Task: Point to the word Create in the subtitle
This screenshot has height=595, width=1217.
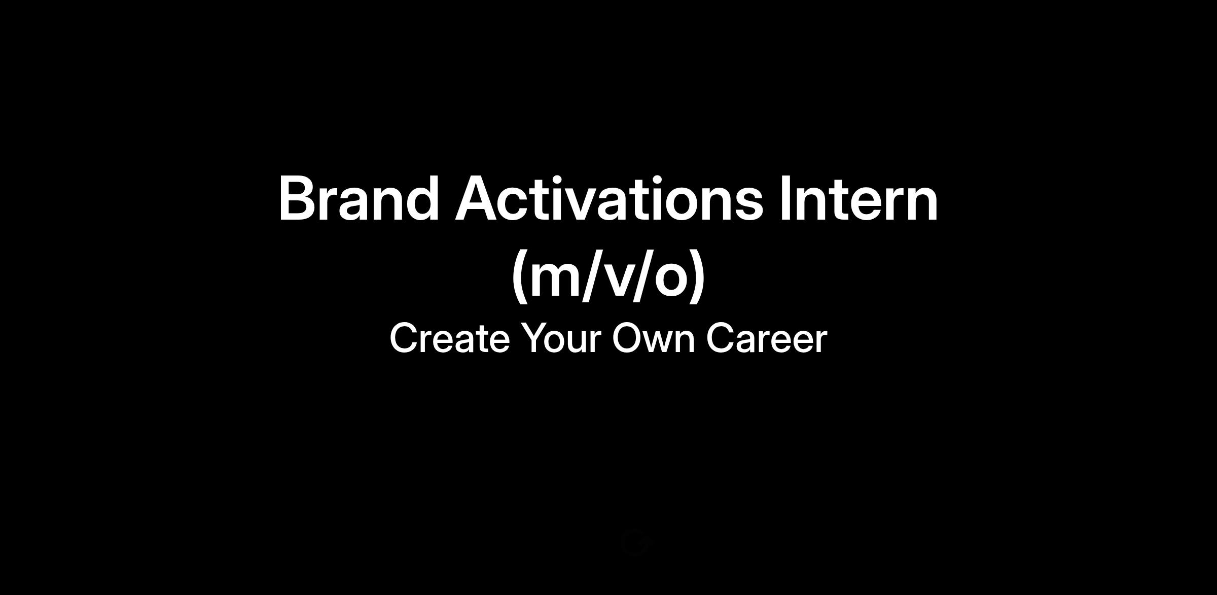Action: (449, 338)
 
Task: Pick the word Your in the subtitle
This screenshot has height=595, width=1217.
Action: (562, 338)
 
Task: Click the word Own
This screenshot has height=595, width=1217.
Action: (654, 338)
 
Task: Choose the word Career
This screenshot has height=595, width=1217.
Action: (767, 338)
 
